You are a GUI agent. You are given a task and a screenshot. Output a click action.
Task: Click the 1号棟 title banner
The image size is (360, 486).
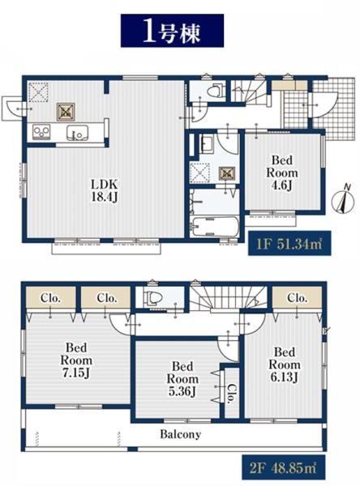[x=172, y=31]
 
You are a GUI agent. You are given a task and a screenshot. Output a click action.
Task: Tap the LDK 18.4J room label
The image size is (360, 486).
[x=104, y=190]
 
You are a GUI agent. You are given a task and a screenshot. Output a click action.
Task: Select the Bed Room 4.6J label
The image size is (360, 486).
[x=282, y=173]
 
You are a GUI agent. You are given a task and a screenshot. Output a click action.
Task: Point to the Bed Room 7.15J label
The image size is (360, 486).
[x=76, y=360]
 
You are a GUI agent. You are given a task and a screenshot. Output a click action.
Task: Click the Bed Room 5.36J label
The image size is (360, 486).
[x=182, y=379]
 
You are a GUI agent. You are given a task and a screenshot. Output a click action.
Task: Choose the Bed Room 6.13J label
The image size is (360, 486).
[x=285, y=364]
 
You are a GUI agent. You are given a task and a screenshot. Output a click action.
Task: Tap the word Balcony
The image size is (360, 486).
[x=180, y=434]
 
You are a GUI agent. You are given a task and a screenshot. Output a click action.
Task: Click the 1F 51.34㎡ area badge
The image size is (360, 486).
[x=289, y=243]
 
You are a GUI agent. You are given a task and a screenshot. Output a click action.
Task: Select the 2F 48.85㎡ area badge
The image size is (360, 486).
[x=283, y=467]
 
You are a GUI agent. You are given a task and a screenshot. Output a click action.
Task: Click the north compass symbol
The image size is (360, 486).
[x=343, y=200]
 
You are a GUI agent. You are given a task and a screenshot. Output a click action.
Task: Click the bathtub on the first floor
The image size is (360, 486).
[x=215, y=226]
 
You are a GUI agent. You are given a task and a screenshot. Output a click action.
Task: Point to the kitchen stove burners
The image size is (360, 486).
[x=41, y=132]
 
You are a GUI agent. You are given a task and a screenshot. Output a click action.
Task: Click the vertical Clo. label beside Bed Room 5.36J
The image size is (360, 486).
[x=232, y=393]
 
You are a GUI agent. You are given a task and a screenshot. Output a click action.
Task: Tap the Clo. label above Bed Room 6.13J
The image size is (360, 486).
[x=297, y=298]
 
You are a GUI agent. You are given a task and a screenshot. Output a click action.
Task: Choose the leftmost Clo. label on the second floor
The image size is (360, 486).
[x=50, y=298]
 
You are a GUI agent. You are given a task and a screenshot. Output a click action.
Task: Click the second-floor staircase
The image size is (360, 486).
[x=229, y=297]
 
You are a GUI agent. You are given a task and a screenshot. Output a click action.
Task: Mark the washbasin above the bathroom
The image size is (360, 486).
[x=207, y=144]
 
